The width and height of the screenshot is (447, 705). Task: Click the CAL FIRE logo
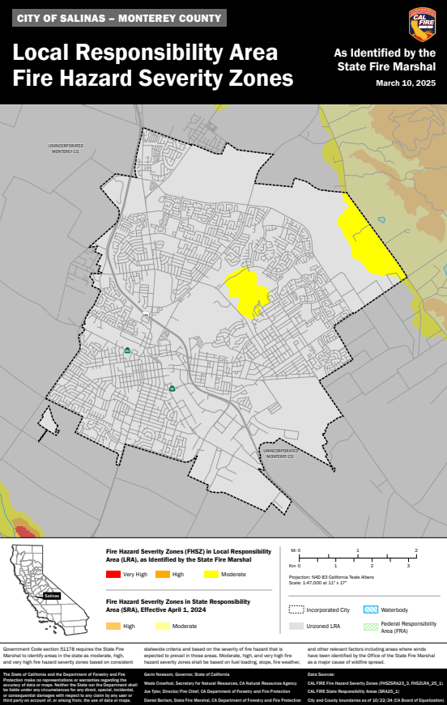(x=421, y=24)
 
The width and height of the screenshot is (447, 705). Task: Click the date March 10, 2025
(x=406, y=83)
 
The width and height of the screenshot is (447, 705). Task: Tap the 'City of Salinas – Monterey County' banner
(x=118, y=18)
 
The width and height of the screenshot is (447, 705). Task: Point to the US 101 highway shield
(x=146, y=315)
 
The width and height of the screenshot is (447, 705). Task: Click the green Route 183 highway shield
(x=127, y=350)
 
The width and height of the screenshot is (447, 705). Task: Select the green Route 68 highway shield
(x=172, y=389)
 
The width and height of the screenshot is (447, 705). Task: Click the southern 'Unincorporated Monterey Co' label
(x=279, y=453)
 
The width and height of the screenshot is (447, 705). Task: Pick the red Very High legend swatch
(x=112, y=575)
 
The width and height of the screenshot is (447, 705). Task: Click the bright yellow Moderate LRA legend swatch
(x=212, y=575)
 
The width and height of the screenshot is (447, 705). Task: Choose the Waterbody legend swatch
(x=370, y=609)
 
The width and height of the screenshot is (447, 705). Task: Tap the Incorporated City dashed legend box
(x=296, y=609)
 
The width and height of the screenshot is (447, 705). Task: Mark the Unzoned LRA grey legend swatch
(x=296, y=626)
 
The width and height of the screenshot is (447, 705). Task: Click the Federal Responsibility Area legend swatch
(x=370, y=626)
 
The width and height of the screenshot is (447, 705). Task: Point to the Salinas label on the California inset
(x=52, y=595)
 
